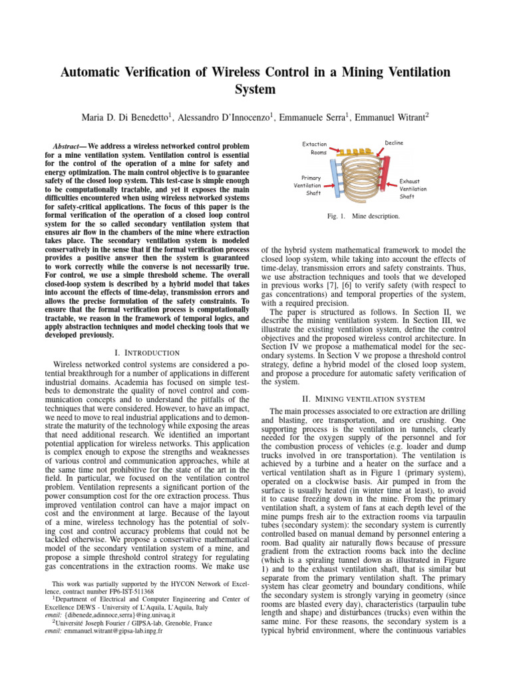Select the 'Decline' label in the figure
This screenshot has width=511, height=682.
[393, 143]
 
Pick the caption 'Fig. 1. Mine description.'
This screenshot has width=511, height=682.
[363, 216]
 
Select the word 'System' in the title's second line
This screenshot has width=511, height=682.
[255, 89]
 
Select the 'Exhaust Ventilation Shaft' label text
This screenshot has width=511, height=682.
[413, 188]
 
